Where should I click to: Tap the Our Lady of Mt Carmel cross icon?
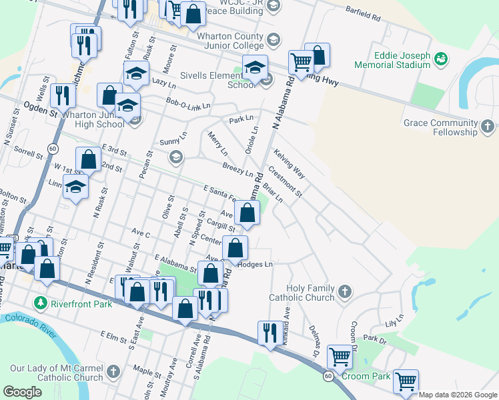tap(113, 371)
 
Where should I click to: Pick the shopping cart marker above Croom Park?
tap(340, 357)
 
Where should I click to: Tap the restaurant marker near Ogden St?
tap(63, 95)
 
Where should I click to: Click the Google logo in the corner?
tap(22, 391)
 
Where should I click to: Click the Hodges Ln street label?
tap(256, 265)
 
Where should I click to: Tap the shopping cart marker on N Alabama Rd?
tap(301, 62)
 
